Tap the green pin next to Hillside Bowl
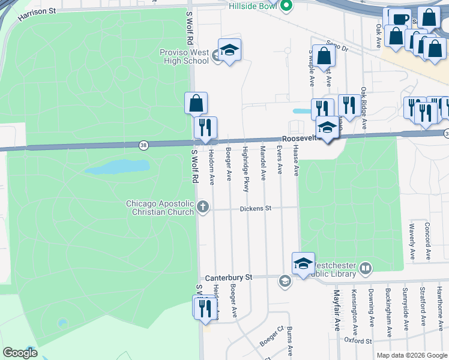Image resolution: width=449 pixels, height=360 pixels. pyautogui.click(x=286, y=7)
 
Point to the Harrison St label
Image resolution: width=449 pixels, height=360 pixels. pyautogui.click(x=37, y=14)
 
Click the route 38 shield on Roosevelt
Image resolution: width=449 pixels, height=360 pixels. pyautogui.click(x=143, y=145)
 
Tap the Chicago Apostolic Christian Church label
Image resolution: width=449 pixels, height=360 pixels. pyautogui.click(x=160, y=208)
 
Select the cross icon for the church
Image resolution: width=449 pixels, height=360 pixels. pyautogui.click(x=203, y=208)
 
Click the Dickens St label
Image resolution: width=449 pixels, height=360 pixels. pyautogui.click(x=256, y=209)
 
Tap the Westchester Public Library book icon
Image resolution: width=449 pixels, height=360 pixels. pyautogui.click(x=366, y=267)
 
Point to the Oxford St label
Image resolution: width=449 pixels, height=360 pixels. pyautogui.click(x=358, y=341)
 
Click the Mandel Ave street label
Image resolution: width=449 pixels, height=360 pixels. pyautogui.click(x=263, y=162)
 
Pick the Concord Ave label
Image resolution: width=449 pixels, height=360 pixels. pyautogui.click(x=427, y=241)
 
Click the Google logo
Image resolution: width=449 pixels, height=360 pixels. pyautogui.click(x=20, y=353)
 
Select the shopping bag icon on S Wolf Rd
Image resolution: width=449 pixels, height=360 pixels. pyautogui.click(x=196, y=103)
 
